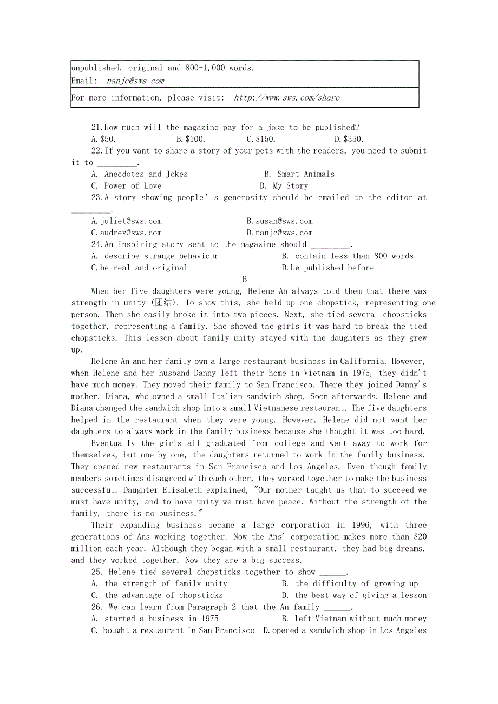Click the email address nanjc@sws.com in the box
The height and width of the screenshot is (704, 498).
(x=135, y=81)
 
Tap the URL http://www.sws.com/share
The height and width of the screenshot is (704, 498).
(x=287, y=98)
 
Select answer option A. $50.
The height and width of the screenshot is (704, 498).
(x=103, y=139)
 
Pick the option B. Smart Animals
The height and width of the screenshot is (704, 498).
(x=299, y=174)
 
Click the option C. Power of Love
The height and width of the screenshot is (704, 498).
(x=127, y=186)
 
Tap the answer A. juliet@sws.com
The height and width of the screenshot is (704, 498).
(x=127, y=221)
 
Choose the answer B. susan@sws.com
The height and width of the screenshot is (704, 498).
(x=279, y=221)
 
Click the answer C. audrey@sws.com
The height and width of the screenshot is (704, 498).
(x=127, y=233)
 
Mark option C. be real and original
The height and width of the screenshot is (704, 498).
(x=140, y=268)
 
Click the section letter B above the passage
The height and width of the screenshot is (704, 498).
(x=245, y=280)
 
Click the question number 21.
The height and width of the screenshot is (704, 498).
(x=96, y=128)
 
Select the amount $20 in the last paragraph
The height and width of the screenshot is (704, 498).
(x=421, y=537)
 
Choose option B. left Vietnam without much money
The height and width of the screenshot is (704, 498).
(x=354, y=619)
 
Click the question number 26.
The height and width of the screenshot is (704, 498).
(x=97, y=607)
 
